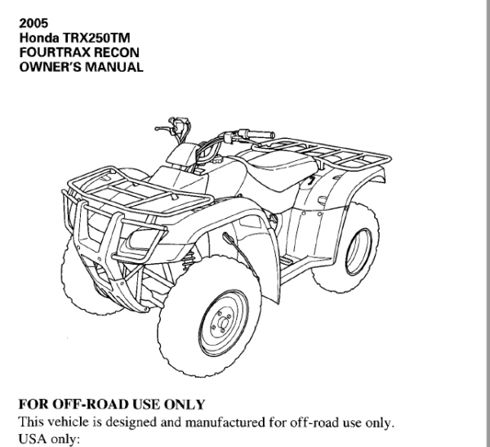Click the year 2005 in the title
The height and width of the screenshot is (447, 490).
coord(33,24)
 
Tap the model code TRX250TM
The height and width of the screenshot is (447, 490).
coord(96,38)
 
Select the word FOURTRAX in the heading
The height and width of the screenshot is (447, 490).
coord(55,52)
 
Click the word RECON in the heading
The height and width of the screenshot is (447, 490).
coord(117,52)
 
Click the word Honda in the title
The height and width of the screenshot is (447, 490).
coord(39,38)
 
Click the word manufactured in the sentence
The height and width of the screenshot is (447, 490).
coord(225,422)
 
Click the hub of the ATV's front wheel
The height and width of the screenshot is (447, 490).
coord(222,322)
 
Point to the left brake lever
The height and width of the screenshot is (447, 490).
coord(163,128)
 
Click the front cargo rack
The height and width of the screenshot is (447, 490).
coord(137,190)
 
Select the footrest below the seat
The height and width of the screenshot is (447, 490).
coord(287,259)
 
